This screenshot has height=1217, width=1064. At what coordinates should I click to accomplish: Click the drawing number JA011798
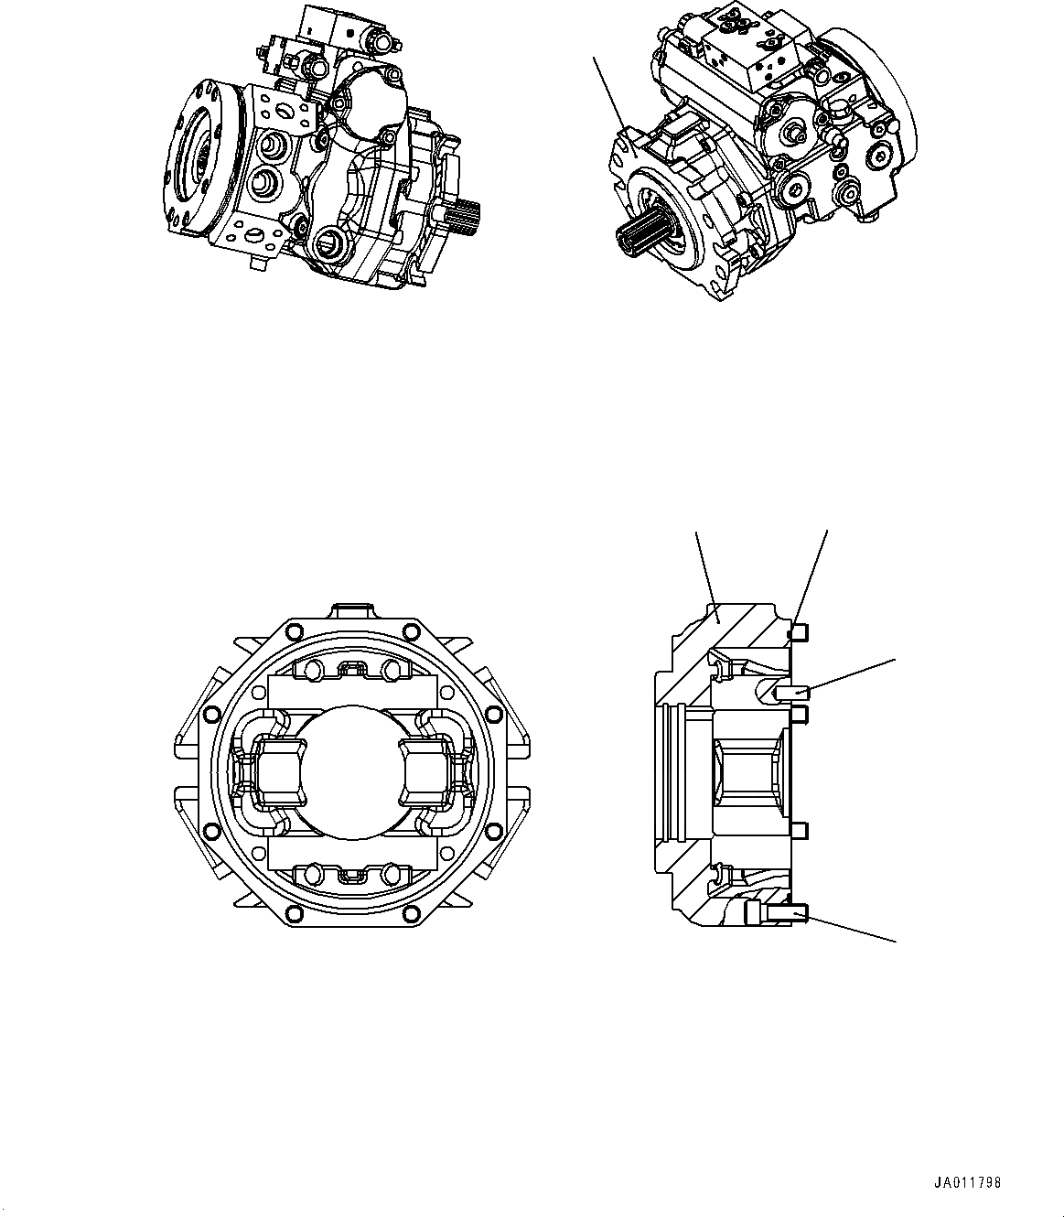(x=967, y=1183)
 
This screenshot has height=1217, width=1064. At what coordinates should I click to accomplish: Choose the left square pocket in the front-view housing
(x=277, y=767)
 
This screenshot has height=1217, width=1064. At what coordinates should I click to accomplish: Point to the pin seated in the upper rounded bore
(x=788, y=693)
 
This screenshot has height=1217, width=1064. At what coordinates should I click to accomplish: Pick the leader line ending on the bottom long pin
(x=851, y=926)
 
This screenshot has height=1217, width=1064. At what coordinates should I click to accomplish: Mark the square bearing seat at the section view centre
(x=748, y=768)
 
